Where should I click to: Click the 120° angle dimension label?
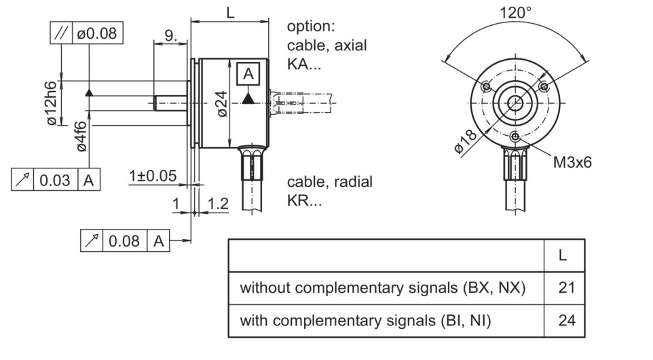tap(515, 12)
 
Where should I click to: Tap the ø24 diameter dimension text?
tap(221, 104)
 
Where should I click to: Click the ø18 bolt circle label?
tap(465, 142)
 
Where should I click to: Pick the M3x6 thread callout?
tap(572, 162)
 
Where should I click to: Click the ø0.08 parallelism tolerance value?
tap(97, 33)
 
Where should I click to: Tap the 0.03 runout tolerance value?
tap(55, 181)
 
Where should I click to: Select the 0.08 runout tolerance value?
tap(124, 241)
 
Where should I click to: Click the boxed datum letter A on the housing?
tap(248, 74)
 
